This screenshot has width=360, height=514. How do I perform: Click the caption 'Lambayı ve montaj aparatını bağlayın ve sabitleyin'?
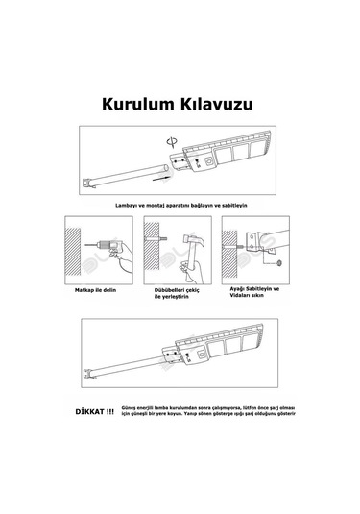point(180,205)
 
